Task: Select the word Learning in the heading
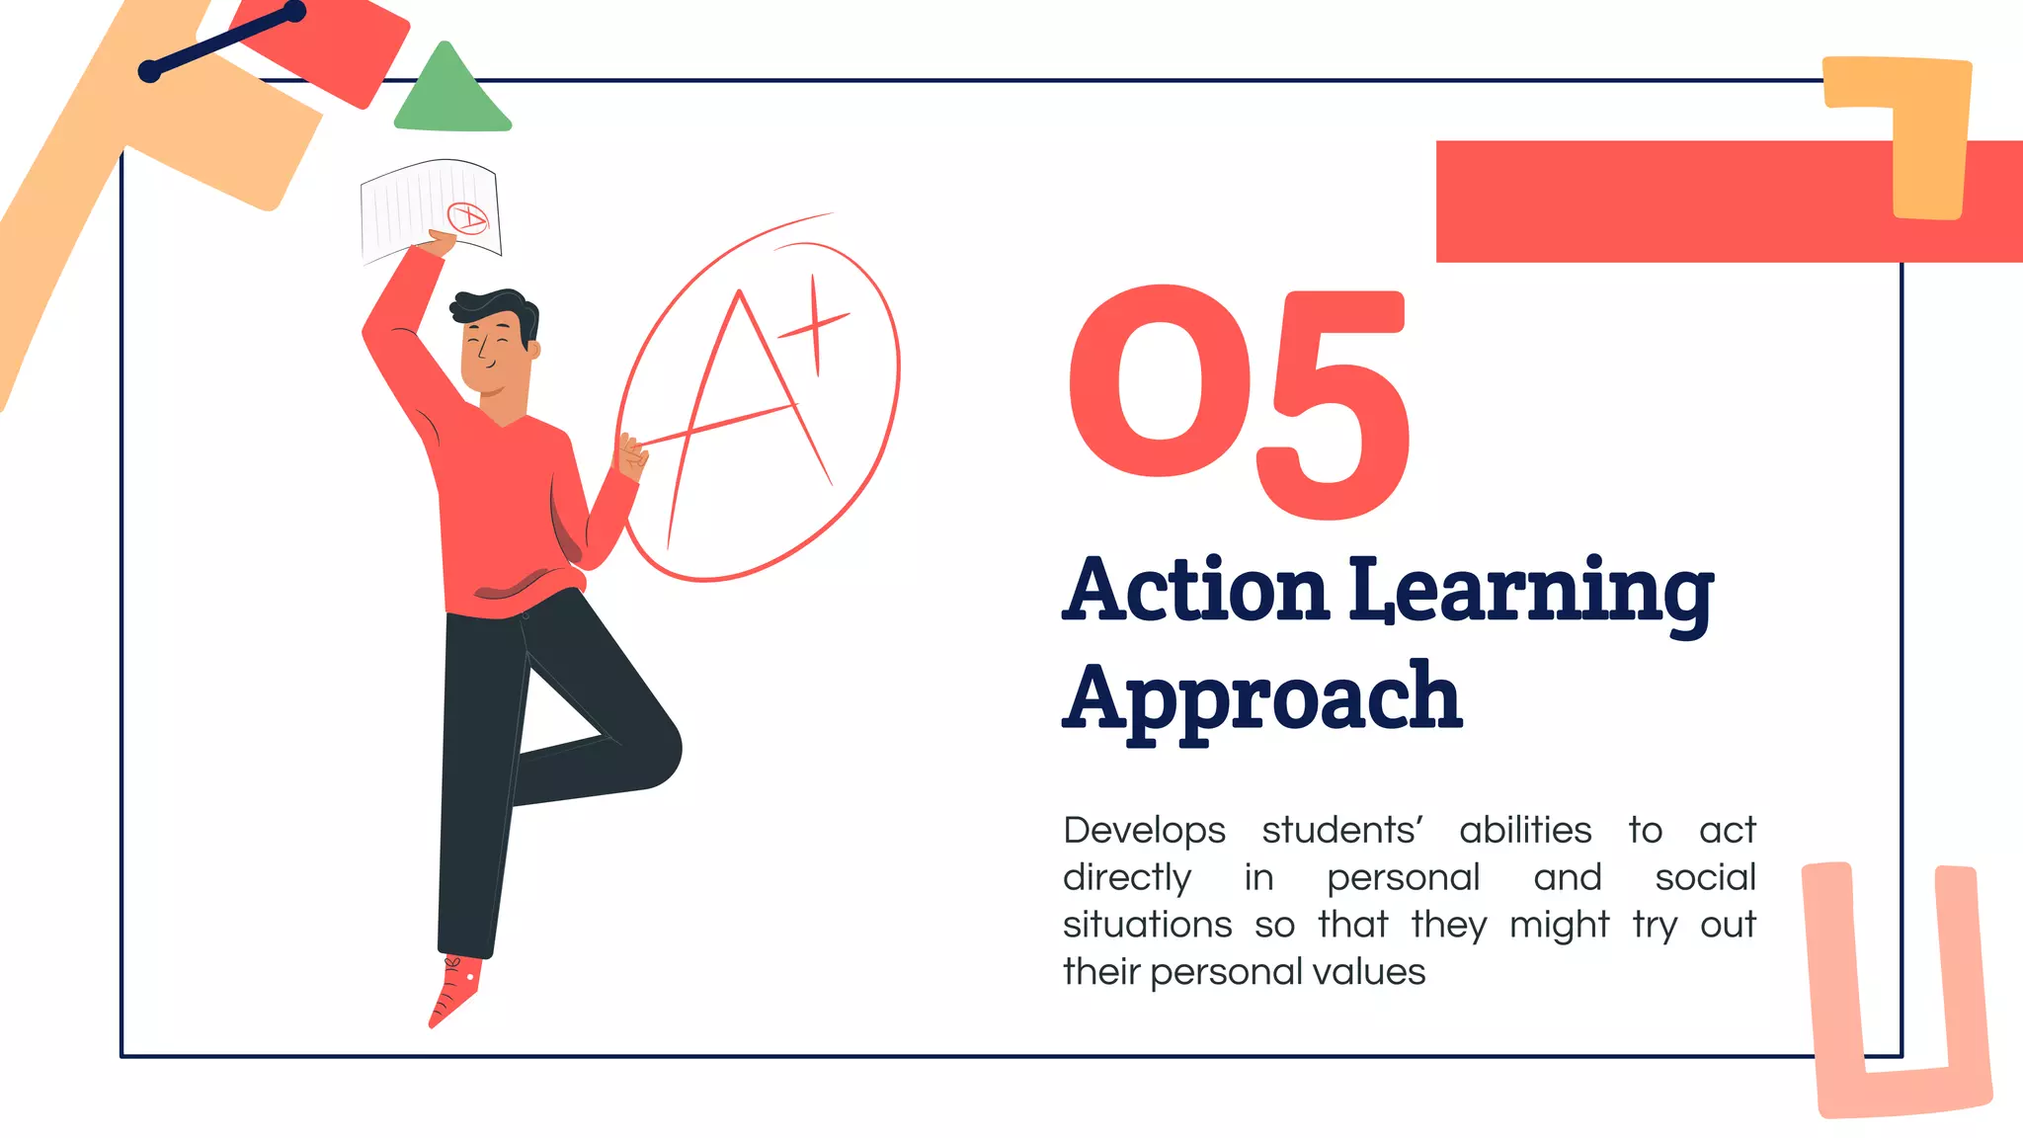(x=1531, y=593)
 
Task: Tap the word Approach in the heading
(x=1261, y=699)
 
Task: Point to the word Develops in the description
(x=1144, y=831)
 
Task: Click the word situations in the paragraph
(x=1147, y=926)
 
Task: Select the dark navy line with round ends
(x=222, y=41)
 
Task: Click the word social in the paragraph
(x=1705, y=878)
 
